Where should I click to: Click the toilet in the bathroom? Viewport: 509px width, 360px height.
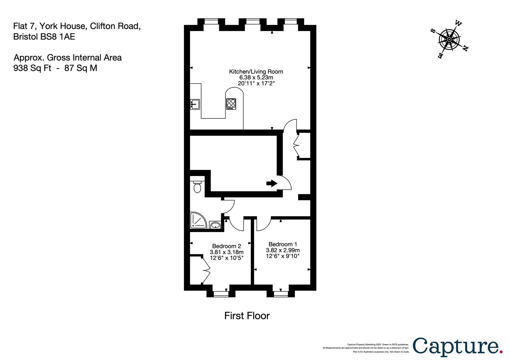(197, 187)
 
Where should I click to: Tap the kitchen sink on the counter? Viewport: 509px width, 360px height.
(195, 104)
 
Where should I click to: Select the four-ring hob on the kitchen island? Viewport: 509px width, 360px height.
(231, 104)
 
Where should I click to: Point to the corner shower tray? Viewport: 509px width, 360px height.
(199, 220)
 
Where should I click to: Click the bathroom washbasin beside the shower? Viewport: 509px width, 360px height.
(215, 225)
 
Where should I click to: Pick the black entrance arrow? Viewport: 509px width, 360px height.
(271, 183)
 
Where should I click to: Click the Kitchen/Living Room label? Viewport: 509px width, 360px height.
(256, 72)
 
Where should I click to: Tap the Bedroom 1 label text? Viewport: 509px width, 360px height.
(283, 244)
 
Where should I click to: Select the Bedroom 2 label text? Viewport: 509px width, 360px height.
(226, 246)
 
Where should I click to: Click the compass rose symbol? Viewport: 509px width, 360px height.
(449, 40)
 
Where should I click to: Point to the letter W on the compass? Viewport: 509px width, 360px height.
(458, 23)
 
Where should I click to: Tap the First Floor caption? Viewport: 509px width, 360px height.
(247, 316)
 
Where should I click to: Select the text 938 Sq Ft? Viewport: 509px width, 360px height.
(32, 68)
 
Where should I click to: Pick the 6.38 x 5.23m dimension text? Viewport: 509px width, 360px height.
(256, 78)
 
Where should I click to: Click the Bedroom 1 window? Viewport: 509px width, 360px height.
(280, 294)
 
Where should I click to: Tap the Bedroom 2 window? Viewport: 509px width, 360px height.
(221, 294)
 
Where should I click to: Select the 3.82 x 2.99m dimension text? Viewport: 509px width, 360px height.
(283, 250)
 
